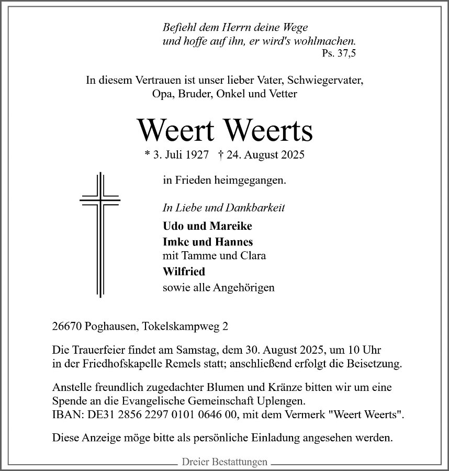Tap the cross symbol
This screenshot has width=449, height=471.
[99, 234]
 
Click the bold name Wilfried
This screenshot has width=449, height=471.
[184, 272]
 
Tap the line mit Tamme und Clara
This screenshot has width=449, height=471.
[214, 256]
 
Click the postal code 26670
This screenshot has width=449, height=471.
[67, 327]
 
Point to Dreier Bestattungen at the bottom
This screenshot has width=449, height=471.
[224, 462]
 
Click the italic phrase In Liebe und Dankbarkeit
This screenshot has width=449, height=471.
[223, 208]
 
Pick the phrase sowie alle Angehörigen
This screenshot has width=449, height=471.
[219, 287]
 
